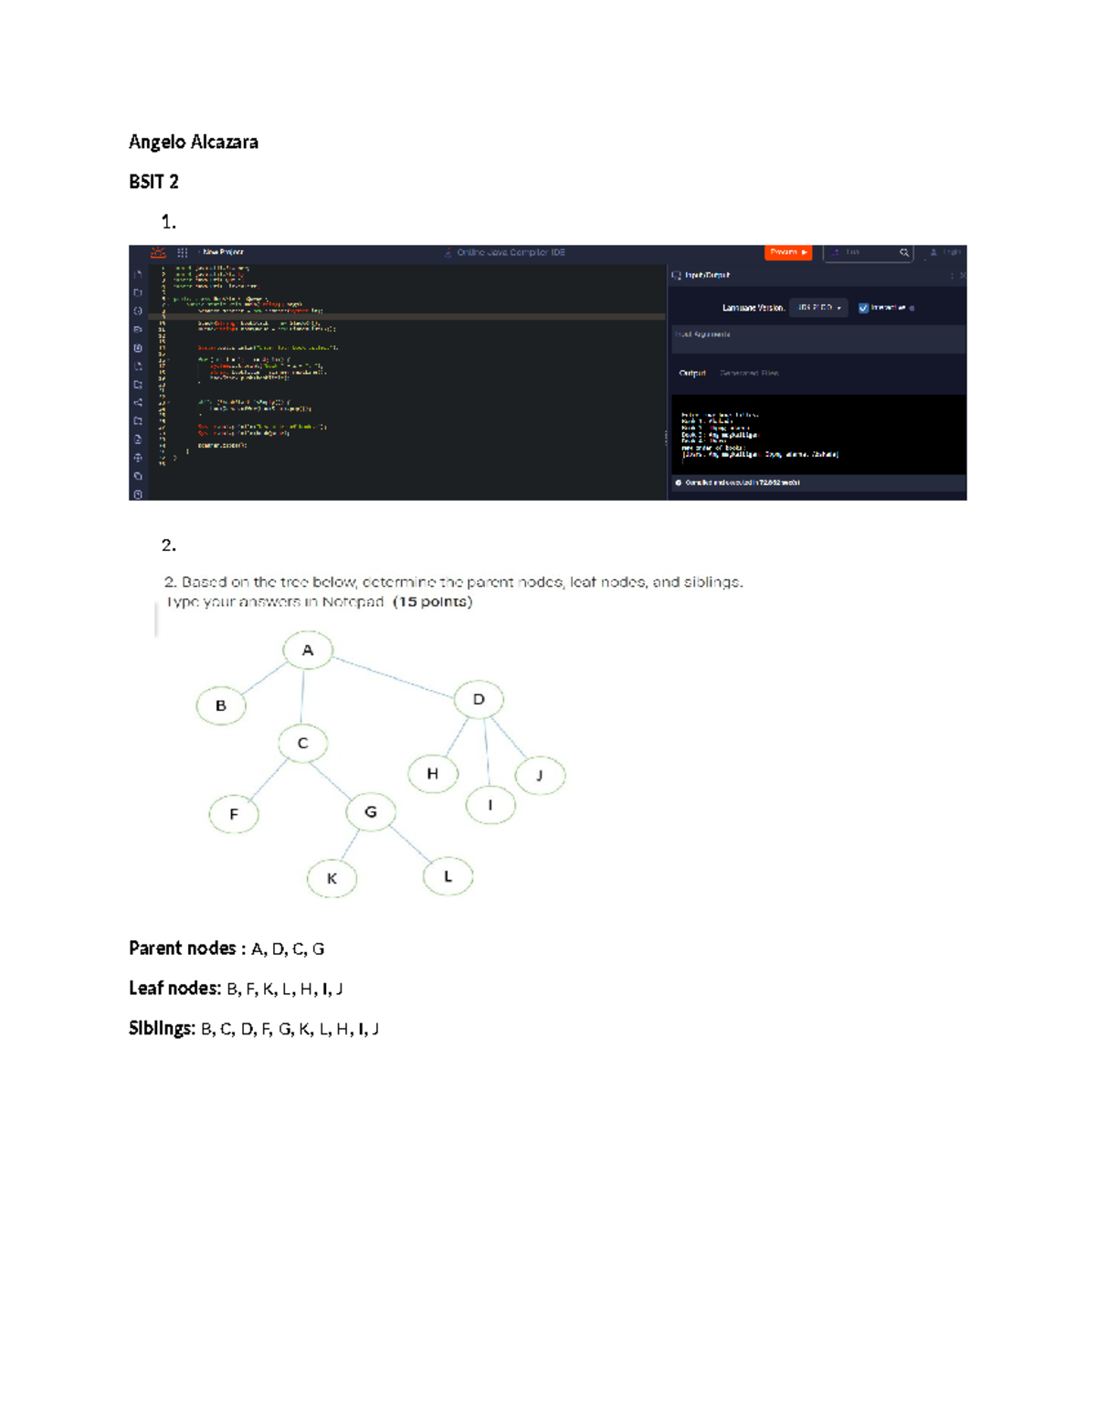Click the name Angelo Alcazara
pos(193,142)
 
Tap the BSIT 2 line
pos(153,182)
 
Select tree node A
pos(308,651)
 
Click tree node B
pos(221,705)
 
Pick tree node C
pos(303,744)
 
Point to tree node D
pos(479,700)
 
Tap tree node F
pos(234,814)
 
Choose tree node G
pos(371,811)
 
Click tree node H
pos(433,774)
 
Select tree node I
pos(490,805)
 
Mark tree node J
pos(540,776)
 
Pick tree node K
pos(332,879)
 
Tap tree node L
pos(448,876)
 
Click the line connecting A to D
pos(393,675)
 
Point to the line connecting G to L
pos(410,844)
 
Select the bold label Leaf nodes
pos(174,989)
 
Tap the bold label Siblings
pos(162,1029)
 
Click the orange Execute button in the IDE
pos(787,252)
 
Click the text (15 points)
pos(433,602)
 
